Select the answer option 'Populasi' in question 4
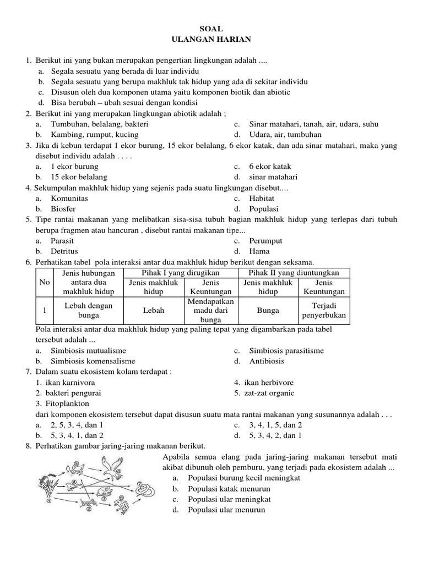[264, 209]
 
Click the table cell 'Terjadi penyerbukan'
[323, 311]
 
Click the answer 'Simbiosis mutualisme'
[88, 351]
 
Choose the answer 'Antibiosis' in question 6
[267, 361]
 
